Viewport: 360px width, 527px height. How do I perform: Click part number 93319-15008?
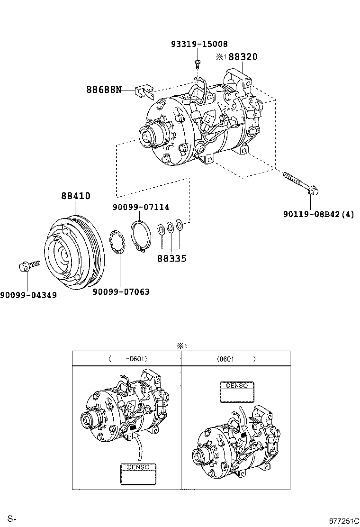[x=199, y=44]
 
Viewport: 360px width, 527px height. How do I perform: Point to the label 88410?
[x=75, y=196]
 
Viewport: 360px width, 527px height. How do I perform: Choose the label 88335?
[x=171, y=259]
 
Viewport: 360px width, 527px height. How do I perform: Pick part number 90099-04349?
[x=28, y=295]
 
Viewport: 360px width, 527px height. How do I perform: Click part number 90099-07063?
[x=121, y=292]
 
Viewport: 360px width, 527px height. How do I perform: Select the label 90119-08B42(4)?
[x=319, y=215]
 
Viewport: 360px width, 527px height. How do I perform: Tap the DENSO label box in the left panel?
[x=137, y=474]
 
